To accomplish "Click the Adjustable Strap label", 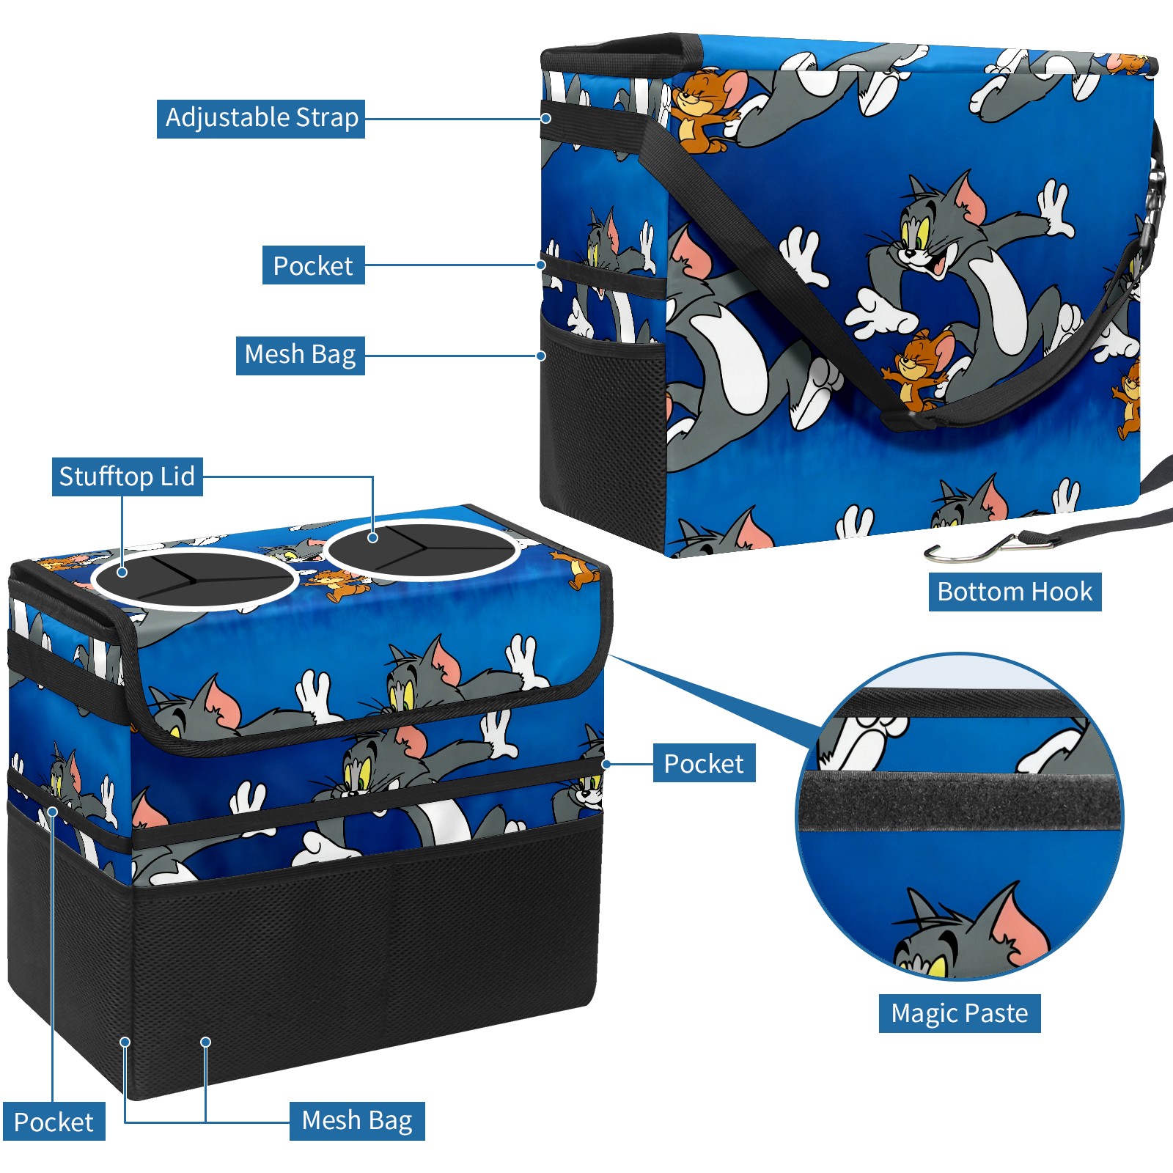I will (x=261, y=119).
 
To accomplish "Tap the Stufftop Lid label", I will (x=127, y=477).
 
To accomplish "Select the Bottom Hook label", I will (x=1015, y=592).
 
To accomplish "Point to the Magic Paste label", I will (x=959, y=1013).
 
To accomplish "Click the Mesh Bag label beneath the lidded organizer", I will (x=357, y=1121).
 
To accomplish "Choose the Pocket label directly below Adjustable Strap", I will (x=313, y=265).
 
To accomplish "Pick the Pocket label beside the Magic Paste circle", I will (x=704, y=764).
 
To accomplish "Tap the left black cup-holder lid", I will (x=195, y=579).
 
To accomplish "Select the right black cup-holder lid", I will (x=422, y=548).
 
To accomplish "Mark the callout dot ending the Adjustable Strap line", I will (x=546, y=119).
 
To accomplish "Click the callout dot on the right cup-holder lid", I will (x=373, y=537).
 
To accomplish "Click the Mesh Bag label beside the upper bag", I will (x=300, y=356).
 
